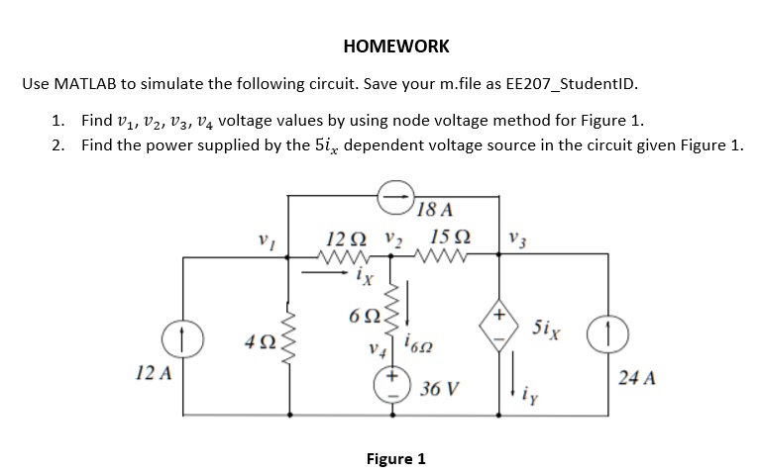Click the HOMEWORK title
coord(395,47)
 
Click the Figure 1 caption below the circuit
coord(395,459)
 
